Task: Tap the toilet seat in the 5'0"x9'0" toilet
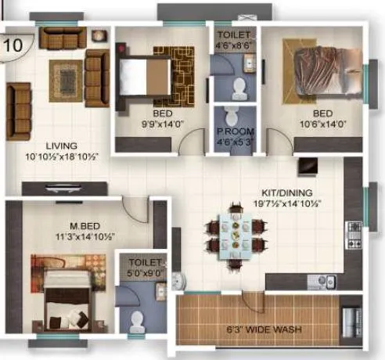139,321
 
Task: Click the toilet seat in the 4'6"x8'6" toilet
238,85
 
